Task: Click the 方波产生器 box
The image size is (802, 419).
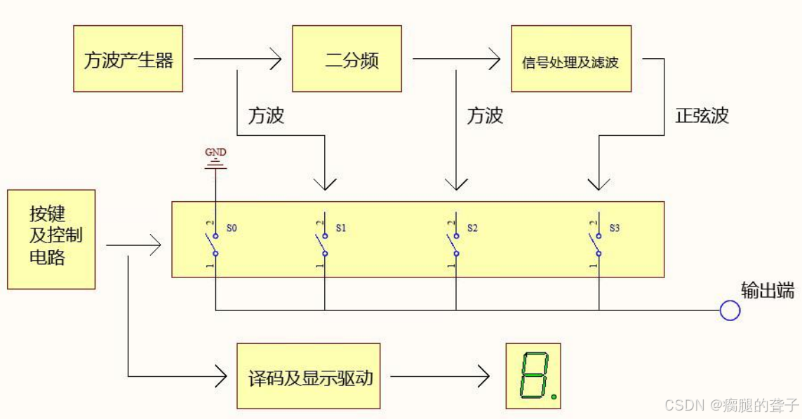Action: coord(128,59)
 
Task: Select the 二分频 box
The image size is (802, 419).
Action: coord(347,59)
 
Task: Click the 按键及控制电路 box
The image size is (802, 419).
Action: coord(51,239)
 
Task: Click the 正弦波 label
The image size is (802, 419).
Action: coord(702,116)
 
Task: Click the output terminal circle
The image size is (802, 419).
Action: coord(730,310)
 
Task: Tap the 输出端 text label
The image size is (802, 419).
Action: coord(768,290)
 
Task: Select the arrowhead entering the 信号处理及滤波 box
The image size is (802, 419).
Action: coord(494,59)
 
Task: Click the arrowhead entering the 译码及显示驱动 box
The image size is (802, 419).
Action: coord(220,377)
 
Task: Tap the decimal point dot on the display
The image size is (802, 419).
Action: coord(554,397)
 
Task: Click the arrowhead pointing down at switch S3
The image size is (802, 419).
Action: coord(599,184)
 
